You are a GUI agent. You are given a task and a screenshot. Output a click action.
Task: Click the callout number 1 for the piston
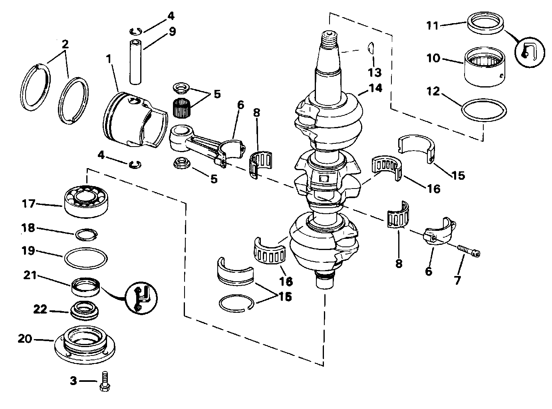point(109,59)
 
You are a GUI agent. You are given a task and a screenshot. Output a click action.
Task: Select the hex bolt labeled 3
point(105,382)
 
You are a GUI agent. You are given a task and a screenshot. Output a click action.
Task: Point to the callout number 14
point(375,88)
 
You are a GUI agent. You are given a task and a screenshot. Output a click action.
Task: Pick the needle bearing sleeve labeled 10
point(484,67)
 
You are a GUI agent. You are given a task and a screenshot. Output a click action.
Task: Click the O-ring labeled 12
point(484,111)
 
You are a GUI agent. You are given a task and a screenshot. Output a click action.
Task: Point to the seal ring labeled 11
point(485,23)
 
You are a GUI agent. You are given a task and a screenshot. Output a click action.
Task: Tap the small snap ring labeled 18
point(86,234)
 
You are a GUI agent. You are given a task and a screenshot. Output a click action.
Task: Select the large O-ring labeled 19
point(86,258)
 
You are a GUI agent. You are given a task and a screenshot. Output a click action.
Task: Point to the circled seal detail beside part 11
point(530,52)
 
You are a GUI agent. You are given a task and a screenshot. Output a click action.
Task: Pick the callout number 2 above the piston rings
point(65,44)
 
